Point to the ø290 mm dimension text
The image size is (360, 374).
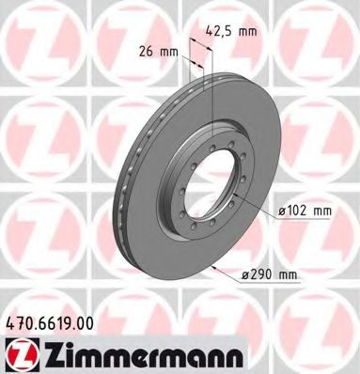pos(269,273)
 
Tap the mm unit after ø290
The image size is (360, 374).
pos(288,273)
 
